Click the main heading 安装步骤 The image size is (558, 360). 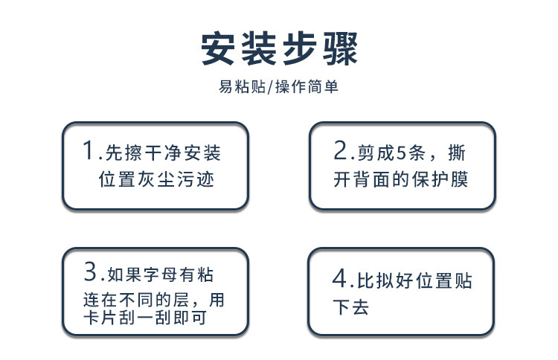(x=279, y=49)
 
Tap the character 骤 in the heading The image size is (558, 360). (x=339, y=49)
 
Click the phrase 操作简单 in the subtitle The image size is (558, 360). (x=307, y=87)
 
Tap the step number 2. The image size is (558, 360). (x=340, y=152)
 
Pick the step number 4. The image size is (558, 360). (x=339, y=280)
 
